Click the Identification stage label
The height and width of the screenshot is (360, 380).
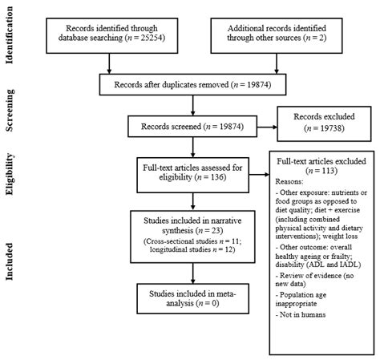point(11,38)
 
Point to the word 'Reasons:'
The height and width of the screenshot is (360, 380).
point(290,181)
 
